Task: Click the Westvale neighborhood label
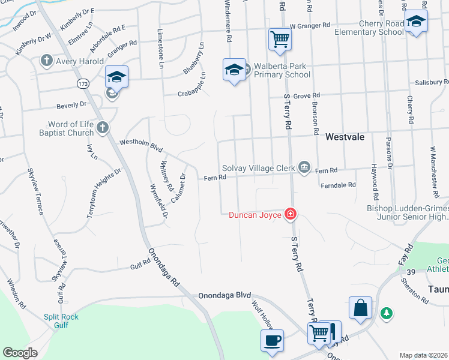[345, 137]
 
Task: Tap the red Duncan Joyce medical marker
[291, 214]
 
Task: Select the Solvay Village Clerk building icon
[304, 167]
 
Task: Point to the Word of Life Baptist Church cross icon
[103, 127]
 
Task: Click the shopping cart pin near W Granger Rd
[280, 40]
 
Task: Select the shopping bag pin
[360, 308]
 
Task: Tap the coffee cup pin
[272, 340]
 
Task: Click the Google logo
[20, 353]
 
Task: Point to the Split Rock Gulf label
[61, 320]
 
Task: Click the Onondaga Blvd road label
[224, 296]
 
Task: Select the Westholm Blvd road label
[141, 145]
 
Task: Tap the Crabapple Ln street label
[191, 92]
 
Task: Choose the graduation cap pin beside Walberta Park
[234, 69]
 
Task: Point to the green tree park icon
[387, 313]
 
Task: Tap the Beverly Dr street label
[71, 105]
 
